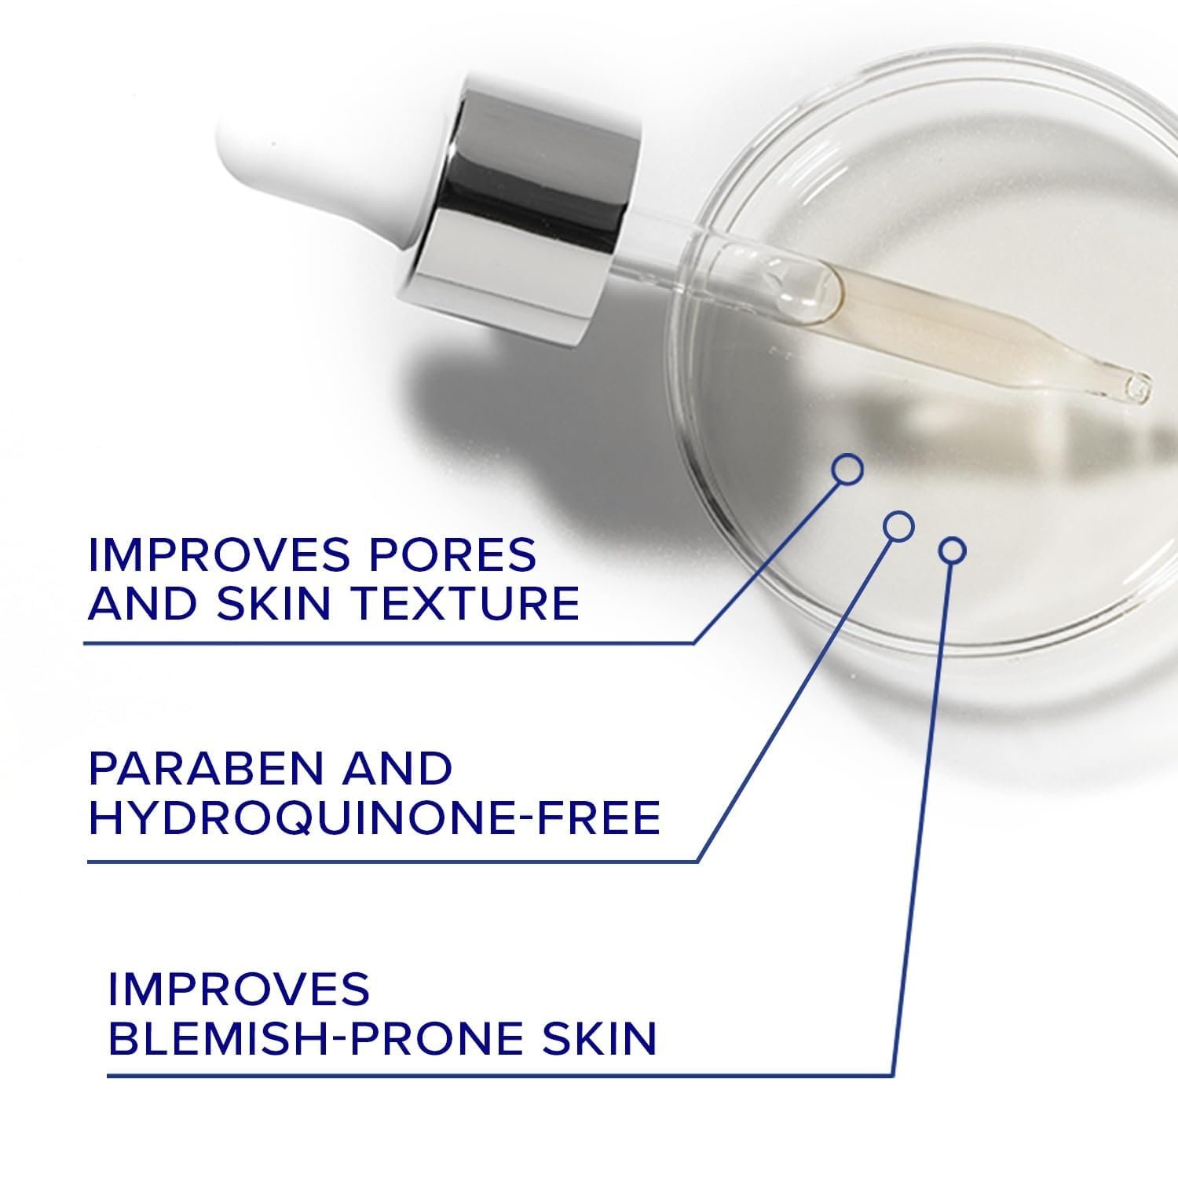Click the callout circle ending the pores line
point(847,469)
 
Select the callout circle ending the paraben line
point(899,526)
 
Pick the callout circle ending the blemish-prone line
point(952,551)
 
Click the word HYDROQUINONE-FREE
point(375,818)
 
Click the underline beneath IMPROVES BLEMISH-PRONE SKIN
point(500,1075)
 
